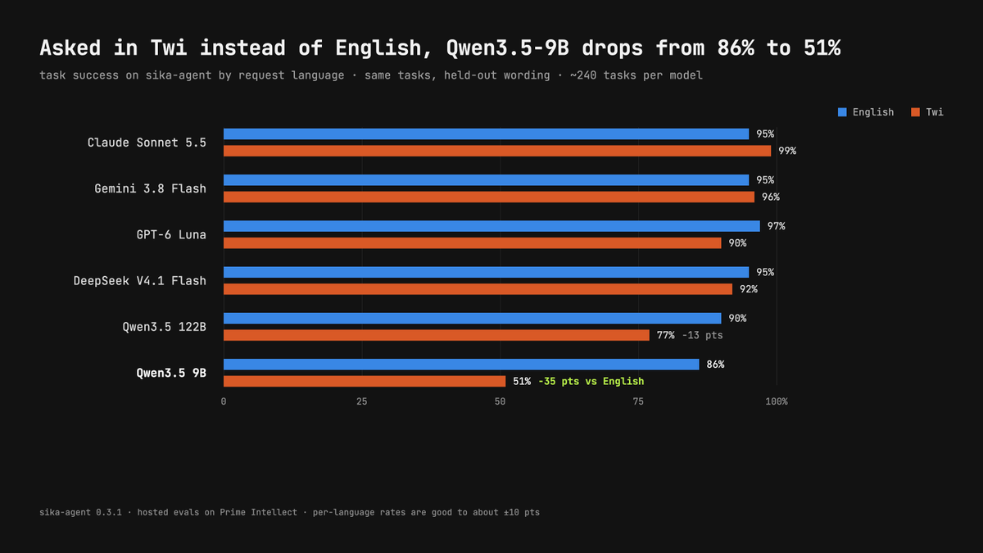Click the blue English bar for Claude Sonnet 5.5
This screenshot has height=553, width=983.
[x=487, y=134]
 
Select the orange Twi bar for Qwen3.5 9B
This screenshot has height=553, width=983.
[x=365, y=381]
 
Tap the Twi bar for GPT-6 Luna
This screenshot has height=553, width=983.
[x=473, y=243]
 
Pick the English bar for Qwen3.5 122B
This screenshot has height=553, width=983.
[x=473, y=318]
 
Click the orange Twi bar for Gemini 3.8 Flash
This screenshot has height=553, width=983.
[x=489, y=197]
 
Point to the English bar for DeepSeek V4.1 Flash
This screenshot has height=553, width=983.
[x=487, y=272]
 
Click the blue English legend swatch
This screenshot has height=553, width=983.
[x=842, y=112]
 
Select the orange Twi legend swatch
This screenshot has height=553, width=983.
[x=916, y=112]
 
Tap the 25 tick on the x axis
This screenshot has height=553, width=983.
[x=361, y=401]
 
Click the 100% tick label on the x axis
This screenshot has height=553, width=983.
[x=777, y=401]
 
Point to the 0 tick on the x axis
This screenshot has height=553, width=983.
[x=224, y=401]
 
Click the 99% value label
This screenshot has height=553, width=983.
[x=787, y=151]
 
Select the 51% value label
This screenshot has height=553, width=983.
[x=522, y=382]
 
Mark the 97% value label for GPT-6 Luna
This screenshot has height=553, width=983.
[x=777, y=226]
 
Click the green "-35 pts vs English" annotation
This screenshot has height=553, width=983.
[x=591, y=382]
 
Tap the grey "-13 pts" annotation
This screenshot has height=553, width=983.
[x=702, y=335]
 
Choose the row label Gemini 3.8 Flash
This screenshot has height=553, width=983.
[x=150, y=188]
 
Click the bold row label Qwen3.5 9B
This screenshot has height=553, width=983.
[x=171, y=373]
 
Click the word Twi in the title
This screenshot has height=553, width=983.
[x=169, y=48]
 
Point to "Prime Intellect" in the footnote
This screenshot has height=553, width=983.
[x=259, y=512]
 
